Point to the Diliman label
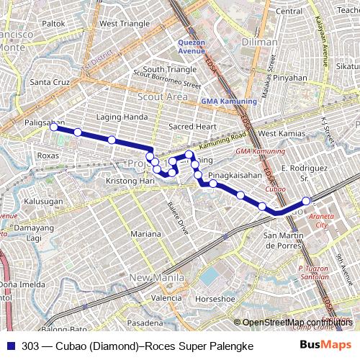click(x=260, y=42)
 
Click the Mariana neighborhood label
click(x=146, y=234)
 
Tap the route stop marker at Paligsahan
click(x=53, y=126)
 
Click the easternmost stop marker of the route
click(x=306, y=201)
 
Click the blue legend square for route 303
click(x=11, y=346)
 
